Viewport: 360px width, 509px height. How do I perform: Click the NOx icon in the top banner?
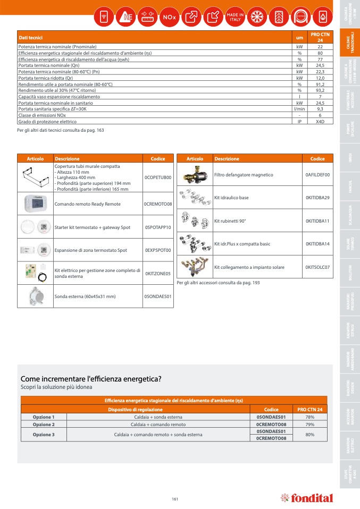point(169,17)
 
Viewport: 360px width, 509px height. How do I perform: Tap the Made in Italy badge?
point(235,17)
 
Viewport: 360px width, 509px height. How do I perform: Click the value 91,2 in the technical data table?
point(320,84)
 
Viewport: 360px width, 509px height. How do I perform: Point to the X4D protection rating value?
point(320,121)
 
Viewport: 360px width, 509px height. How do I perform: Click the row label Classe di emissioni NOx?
point(42,115)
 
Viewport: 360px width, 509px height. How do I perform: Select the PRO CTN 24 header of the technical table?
point(320,37)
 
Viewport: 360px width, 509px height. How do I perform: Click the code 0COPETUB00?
point(158,177)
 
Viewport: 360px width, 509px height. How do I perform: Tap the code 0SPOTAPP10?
point(158,227)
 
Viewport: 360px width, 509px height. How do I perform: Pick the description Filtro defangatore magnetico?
point(244,175)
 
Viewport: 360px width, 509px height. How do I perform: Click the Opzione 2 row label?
point(44,425)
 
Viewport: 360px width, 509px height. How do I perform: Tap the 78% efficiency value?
point(309,417)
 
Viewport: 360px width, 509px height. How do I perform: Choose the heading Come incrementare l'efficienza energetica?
point(91,379)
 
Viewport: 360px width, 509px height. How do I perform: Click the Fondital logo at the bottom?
point(307,498)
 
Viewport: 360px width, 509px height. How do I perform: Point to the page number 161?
point(175,498)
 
